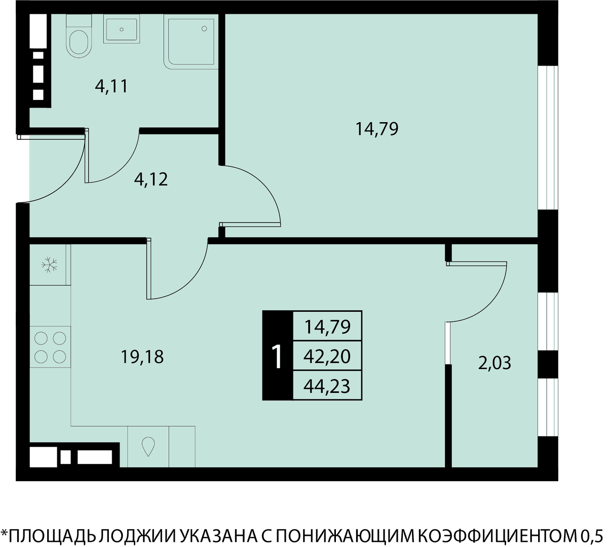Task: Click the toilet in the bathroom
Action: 79,36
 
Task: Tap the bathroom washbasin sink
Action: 121,29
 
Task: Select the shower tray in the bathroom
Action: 191,42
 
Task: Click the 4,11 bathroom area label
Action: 111,86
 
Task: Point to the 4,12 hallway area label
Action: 150,179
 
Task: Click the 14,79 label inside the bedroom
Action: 377,129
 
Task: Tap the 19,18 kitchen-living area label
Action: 142,357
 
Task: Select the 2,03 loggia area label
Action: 495,363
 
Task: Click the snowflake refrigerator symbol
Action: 49,265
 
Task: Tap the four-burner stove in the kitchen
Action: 50,347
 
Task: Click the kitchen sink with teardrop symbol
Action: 148,447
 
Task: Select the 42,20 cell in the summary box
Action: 327,356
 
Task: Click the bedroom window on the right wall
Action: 548,137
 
